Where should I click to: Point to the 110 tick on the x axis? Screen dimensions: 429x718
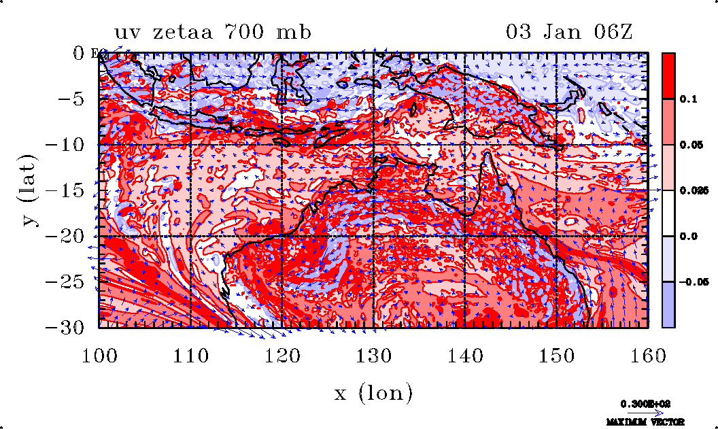tap(190, 354)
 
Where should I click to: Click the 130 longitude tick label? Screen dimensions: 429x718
tap(373, 354)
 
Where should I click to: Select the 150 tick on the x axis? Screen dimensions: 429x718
tap(556, 354)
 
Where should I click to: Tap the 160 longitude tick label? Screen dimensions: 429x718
tap(648, 354)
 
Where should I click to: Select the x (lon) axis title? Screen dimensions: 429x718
tap(373, 392)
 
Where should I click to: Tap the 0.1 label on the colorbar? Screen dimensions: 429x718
tap(689, 99)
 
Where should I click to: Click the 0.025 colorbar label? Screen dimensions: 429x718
tap(692, 191)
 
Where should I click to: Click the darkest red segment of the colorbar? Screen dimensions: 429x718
tap(669, 75)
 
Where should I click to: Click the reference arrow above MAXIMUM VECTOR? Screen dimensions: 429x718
tap(645, 411)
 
